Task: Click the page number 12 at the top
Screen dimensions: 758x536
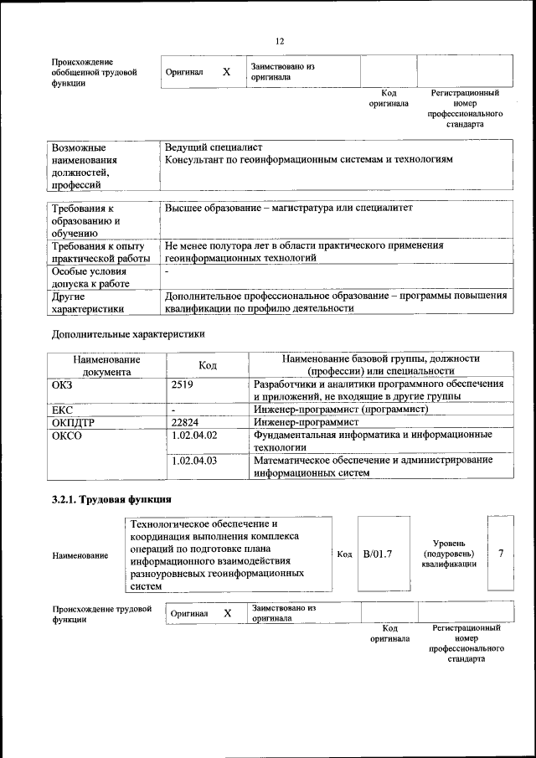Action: pos(280,41)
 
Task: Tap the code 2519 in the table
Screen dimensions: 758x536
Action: pos(182,384)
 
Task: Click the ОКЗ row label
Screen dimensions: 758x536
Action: pos(64,384)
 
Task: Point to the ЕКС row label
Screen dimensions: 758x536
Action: pos(64,410)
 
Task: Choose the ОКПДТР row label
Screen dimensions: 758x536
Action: pos(73,423)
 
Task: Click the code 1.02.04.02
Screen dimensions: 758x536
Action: pos(193,436)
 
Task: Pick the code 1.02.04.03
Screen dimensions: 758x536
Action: pos(193,461)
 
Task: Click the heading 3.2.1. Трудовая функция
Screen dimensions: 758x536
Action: pos(106,501)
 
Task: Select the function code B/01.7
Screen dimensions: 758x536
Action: pos(378,554)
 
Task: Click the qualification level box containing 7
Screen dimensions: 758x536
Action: pos(501,554)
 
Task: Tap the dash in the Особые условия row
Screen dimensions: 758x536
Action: pos(167,271)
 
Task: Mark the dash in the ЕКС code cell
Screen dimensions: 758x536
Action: pos(173,410)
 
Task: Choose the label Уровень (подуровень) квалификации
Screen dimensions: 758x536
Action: pos(449,554)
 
